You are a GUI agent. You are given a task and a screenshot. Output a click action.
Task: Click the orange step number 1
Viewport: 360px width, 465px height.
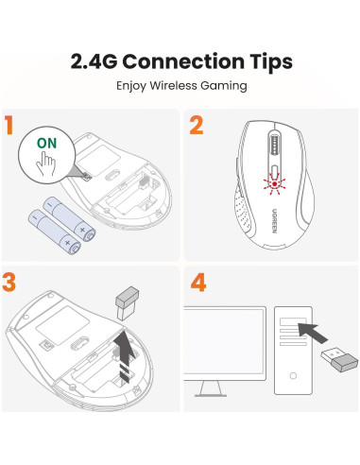(10, 127)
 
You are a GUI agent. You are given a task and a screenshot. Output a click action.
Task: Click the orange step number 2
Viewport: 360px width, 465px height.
(197, 126)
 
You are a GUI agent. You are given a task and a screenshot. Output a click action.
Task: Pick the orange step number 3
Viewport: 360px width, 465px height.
(10, 282)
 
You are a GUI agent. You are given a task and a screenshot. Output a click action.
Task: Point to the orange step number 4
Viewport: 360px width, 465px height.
(197, 282)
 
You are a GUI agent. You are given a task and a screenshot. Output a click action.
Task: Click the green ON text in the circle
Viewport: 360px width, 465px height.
(46, 144)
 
